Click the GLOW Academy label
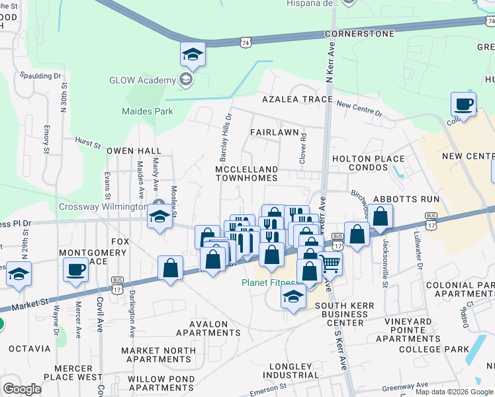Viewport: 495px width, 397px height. tap(142, 80)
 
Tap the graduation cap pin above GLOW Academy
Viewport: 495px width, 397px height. tap(193, 55)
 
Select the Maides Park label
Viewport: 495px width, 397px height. tap(147, 111)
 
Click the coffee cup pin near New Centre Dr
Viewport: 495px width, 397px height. tap(463, 105)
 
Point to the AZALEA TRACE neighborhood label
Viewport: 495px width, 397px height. tap(296, 99)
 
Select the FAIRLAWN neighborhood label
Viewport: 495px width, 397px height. tap(275, 132)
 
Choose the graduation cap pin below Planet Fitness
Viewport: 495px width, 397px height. tap(292, 297)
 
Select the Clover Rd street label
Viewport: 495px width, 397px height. tap(304, 149)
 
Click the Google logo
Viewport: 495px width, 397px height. tap(22, 389)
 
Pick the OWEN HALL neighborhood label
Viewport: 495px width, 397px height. tap(135, 151)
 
